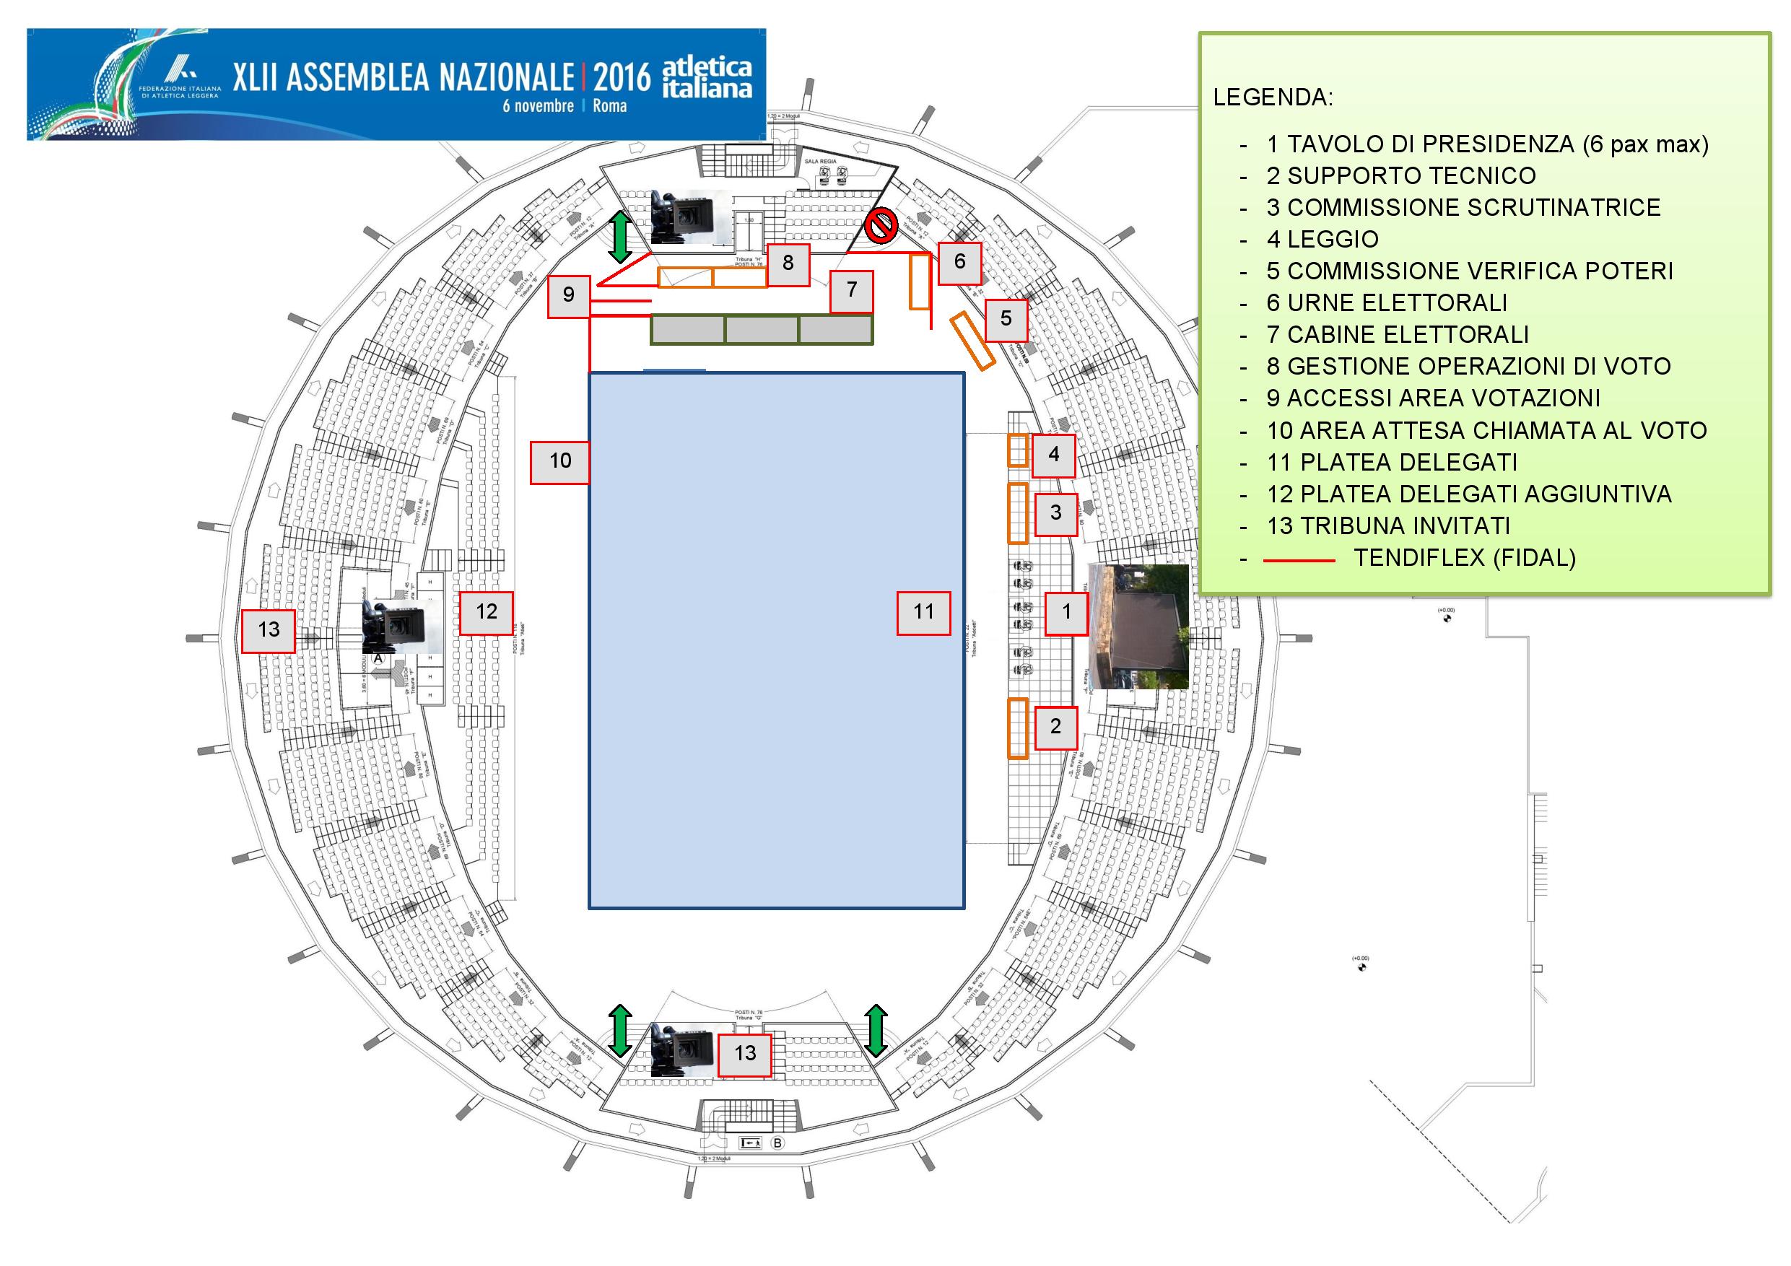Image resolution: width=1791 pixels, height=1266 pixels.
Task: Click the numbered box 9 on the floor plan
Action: (569, 296)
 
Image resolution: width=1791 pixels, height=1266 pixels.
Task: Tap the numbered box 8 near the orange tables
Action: (788, 263)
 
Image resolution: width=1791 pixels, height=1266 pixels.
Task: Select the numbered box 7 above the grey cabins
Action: (852, 291)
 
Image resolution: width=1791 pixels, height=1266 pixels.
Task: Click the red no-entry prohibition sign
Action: (881, 226)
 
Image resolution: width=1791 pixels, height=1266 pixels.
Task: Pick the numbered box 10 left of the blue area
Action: (560, 462)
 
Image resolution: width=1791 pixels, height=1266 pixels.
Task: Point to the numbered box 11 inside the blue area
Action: (923, 613)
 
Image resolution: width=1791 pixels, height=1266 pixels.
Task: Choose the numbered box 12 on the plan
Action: (486, 613)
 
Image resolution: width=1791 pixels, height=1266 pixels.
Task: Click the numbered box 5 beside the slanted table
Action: (1006, 319)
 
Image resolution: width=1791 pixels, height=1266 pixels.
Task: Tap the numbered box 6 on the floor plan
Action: (959, 263)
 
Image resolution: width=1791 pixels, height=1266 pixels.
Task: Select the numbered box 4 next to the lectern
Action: (1054, 455)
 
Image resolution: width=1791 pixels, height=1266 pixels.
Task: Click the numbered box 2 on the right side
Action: (1055, 728)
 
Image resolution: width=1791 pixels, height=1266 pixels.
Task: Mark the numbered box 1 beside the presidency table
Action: (1066, 613)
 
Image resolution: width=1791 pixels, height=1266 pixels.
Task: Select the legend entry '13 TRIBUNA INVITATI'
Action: (1388, 526)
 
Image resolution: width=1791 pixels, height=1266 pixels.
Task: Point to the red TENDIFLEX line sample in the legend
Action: (1299, 560)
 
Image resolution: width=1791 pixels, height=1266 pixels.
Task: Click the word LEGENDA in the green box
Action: (1273, 97)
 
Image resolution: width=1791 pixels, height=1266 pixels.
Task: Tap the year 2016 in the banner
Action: (622, 77)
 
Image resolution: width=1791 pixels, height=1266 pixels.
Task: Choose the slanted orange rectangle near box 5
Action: (972, 340)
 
